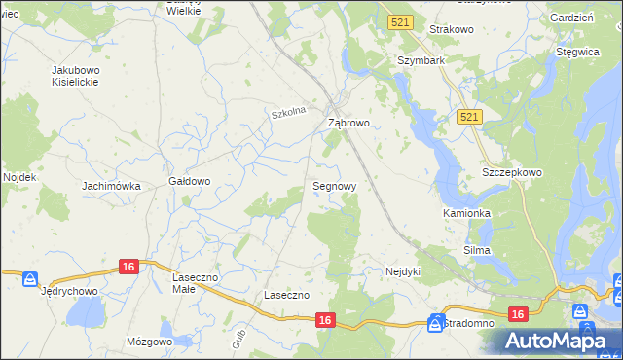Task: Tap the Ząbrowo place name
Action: point(348,124)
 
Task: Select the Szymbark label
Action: point(421,59)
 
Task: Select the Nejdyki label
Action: point(402,271)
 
